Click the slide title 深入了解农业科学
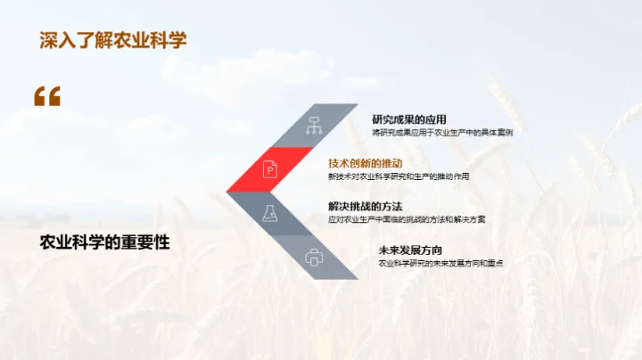click(113, 41)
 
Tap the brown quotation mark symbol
click(47, 96)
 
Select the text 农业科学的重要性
click(105, 242)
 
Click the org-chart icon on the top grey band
click(313, 125)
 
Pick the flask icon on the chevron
click(268, 213)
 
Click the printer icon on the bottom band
click(313, 257)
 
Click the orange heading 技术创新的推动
click(366, 163)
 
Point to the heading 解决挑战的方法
click(366, 207)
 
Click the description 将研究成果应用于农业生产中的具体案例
click(442, 133)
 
